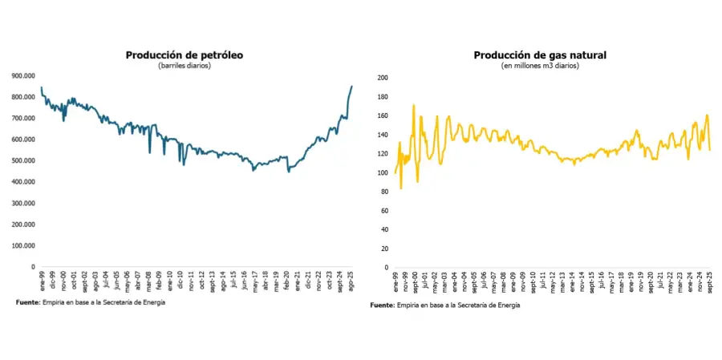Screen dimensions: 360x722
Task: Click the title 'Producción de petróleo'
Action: point(184,55)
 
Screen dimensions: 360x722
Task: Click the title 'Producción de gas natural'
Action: point(540,55)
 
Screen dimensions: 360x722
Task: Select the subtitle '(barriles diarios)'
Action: point(184,65)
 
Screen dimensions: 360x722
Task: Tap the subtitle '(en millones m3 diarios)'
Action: point(540,66)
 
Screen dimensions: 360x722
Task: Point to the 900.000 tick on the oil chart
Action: point(23,76)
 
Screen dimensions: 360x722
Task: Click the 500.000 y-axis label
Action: point(23,160)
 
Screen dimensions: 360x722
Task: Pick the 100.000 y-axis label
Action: point(23,245)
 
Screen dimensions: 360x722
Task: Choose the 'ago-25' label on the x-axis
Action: point(350,281)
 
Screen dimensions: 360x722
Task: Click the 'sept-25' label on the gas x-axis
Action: point(708,282)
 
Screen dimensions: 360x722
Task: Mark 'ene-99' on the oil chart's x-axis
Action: point(41,281)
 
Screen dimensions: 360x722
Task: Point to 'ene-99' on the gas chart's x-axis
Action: point(395,281)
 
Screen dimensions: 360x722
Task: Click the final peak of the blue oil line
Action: point(351,87)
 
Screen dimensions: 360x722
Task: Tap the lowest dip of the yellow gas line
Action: point(400,188)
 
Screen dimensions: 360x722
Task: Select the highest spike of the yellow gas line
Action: point(414,105)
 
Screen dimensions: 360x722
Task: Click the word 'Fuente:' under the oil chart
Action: point(27,302)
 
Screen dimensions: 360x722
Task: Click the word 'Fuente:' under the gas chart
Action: point(383,305)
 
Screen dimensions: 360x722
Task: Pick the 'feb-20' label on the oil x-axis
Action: point(286,281)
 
